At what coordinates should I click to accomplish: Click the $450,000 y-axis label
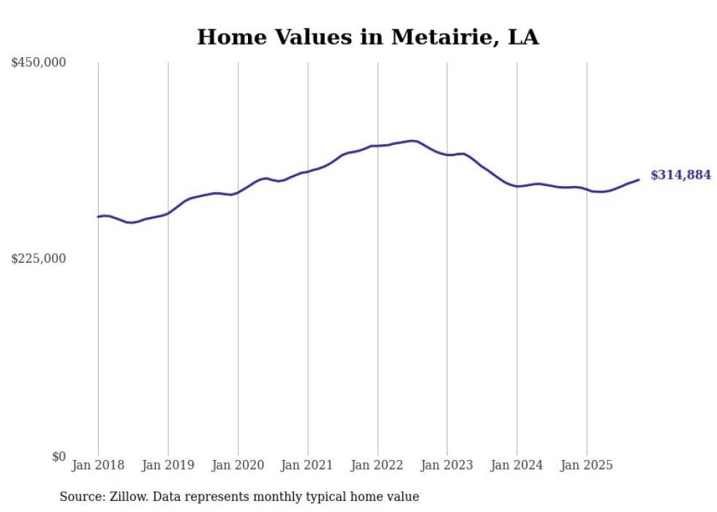[x=39, y=63]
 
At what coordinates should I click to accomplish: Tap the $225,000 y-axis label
[x=39, y=259]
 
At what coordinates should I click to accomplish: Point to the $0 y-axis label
[x=59, y=456]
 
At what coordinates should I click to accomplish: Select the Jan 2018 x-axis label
[x=98, y=465]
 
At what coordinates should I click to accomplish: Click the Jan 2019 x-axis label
[x=168, y=465]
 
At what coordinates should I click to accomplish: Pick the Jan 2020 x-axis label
[x=238, y=465]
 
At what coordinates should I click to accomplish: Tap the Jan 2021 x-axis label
[x=307, y=465]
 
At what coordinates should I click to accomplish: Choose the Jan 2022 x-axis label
[x=378, y=465]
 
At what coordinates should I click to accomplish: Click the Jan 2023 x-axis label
[x=447, y=465]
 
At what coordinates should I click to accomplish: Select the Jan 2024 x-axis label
[x=517, y=465]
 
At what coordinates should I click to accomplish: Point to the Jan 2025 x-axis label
[x=587, y=465]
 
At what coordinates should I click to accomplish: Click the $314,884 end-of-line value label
[x=680, y=175]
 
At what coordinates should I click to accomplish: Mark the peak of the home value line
[x=413, y=140]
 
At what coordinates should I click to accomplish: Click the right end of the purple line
[x=639, y=179]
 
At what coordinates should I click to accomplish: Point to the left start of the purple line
[x=98, y=217]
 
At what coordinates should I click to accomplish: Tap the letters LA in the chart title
[x=524, y=37]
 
